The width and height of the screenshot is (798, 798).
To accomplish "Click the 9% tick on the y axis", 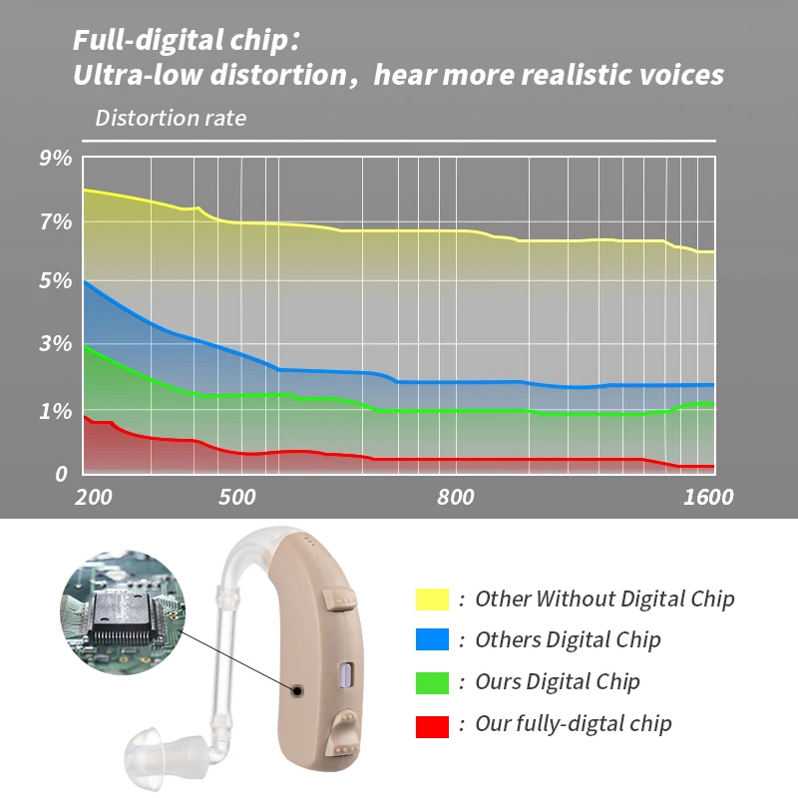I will coord(56,158).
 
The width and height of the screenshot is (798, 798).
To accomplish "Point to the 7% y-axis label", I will coord(56,221).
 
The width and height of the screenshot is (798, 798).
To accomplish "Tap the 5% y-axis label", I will coord(56,281).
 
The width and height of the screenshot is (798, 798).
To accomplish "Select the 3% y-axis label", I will coord(56,345).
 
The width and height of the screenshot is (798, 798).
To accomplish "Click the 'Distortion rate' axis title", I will coord(171,118).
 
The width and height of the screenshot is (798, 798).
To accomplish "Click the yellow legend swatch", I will coord(432,598).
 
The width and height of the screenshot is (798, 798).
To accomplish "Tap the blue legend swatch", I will coord(432,639).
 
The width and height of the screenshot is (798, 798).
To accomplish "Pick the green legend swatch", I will coord(432,682).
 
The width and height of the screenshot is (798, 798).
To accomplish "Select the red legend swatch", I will coord(432,724).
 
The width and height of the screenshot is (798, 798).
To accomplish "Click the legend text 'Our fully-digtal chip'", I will coord(574,724).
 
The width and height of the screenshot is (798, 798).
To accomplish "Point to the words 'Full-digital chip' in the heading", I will coord(183,42).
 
